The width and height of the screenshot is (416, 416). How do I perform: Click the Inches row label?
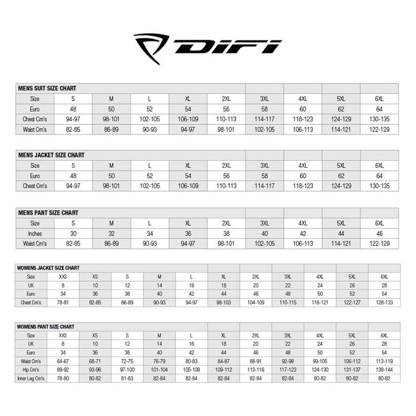click(35, 233)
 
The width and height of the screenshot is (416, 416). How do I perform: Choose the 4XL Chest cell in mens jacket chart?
click(303, 186)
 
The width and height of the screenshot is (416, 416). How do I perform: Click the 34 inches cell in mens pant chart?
click(150, 233)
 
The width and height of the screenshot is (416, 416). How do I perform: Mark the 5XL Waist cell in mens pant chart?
click(341, 244)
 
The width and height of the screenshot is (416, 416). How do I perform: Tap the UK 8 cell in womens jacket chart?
click(62, 285)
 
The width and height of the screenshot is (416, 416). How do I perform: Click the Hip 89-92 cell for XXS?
click(62, 369)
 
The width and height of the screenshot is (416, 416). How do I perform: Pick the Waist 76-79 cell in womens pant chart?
click(159, 361)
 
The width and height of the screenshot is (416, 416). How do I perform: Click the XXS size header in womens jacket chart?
click(62, 277)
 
